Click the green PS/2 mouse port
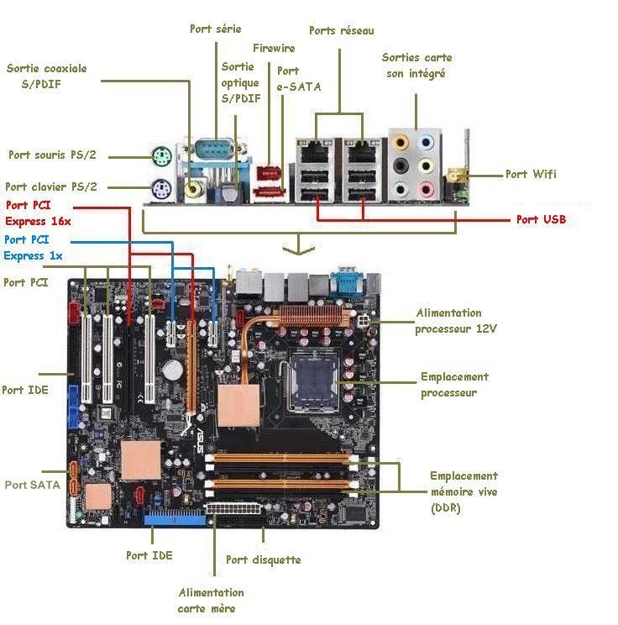[161, 156]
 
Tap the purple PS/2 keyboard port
[161, 189]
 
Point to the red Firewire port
[269, 174]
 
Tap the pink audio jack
[426, 190]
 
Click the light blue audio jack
[426, 142]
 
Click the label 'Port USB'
[541, 219]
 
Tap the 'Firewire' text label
[274, 48]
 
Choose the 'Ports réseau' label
[342, 31]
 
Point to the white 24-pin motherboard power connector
[233, 509]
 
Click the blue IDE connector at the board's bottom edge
[175, 517]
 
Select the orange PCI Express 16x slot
[191, 367]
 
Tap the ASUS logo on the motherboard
[200, 440]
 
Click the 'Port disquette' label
[264, 559]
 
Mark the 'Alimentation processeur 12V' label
[456, 321]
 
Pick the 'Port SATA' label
[32, 485]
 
